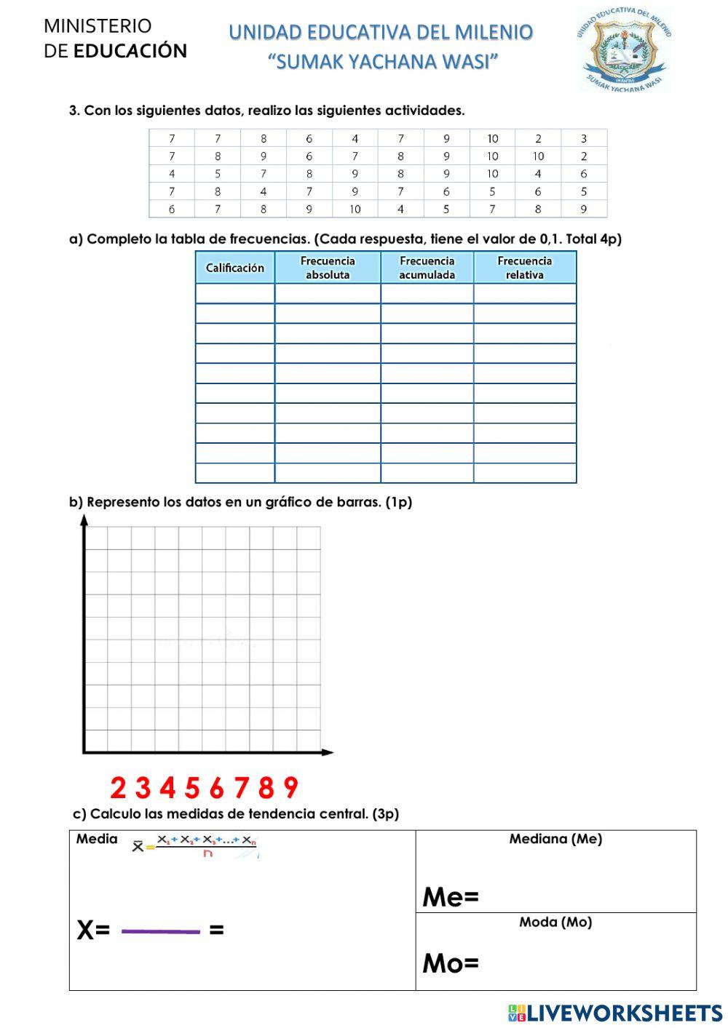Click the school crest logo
[623, 49]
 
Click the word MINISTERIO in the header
[98, 26]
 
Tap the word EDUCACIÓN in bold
[130, 51]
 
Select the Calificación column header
[234, 268]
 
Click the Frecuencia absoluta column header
[328, 268]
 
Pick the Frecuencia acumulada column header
[427, 268]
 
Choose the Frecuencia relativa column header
[524, 268]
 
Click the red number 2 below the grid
[118, 788]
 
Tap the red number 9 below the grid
[290, 788]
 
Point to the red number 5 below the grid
[192, 788]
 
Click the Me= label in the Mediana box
[451, 897]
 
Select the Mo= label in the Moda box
[451, 964]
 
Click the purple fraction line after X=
[160, 931]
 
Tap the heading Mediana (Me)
[555, 839]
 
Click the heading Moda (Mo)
[555, 922]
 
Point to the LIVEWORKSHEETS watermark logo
[615, 1013]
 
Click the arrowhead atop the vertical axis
[84, 519]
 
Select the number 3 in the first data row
[583, 138]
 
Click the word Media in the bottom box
[97, 839]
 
